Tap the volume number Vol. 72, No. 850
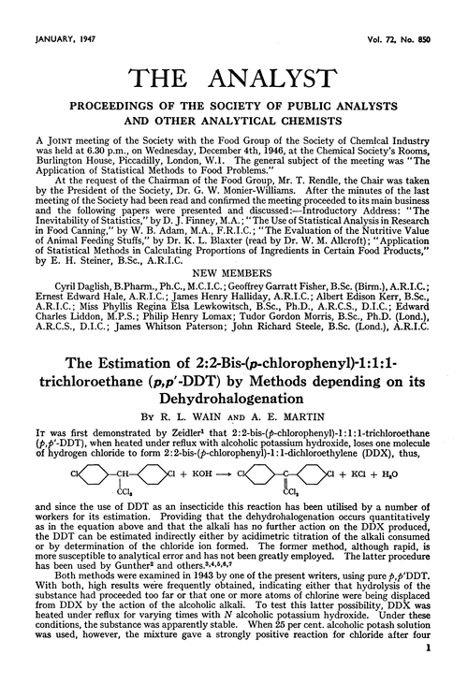tap(408, 13)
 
